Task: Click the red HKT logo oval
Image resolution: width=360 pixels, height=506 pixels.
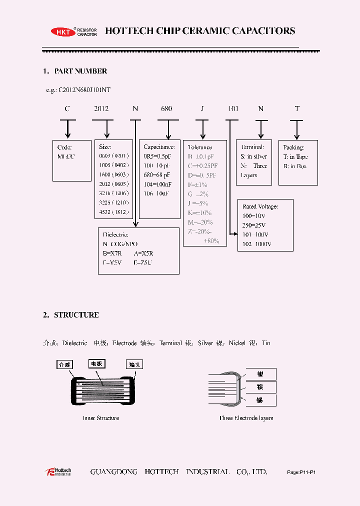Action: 62,32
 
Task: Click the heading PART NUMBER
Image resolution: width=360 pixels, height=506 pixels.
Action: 80,71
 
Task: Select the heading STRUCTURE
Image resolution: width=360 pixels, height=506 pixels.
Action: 76,315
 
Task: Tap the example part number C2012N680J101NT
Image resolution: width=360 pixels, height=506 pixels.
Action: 84,90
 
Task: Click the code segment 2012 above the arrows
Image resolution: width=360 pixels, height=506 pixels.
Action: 101,108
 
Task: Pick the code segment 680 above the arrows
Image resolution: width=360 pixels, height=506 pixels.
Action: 166,108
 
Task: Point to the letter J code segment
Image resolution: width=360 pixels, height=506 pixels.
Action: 202,108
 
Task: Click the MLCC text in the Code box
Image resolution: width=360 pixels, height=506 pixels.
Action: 65,156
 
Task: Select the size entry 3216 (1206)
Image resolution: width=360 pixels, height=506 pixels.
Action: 114,193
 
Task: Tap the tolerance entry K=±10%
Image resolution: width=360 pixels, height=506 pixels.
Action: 200,212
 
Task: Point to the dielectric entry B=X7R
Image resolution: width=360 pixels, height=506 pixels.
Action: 112,253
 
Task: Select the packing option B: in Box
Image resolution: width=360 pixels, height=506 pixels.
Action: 295,166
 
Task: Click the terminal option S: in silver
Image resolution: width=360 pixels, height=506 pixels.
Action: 254,156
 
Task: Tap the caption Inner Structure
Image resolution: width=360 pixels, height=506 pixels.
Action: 101,418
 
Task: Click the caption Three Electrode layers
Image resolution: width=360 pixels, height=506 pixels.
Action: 246,418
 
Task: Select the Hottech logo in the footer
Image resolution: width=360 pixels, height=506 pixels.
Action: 58,471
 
